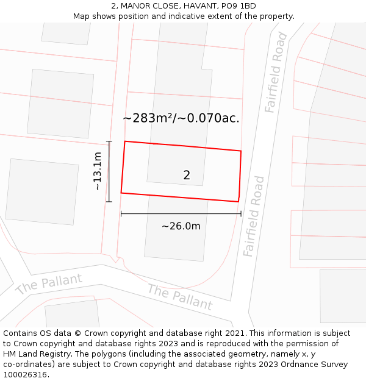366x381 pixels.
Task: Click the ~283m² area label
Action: [x=181, y=118]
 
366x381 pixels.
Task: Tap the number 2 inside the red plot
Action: [x=187, y=176]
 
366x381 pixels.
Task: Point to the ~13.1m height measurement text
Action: [x=98, y=171]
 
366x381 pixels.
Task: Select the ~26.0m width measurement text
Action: [x=181, y=226]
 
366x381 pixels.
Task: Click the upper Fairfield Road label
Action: [x=276, y=73]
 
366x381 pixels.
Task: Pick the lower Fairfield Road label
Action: [x=253, y=216]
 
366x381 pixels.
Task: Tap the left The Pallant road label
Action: [x=48, y=284]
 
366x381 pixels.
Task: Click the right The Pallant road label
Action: [x=179, y=297]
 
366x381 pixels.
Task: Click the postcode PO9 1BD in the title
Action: [x=239, y=6]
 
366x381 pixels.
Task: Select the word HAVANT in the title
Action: [x=197, y=6]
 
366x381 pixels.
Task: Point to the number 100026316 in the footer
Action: [x=26, y=375]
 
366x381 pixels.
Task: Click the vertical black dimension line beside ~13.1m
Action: [x=109, y=171]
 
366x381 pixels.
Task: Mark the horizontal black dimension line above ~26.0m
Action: [x=181, y=213]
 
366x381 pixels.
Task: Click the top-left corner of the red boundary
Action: [x=125, y=142]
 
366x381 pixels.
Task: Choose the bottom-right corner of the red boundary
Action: [x=238, y=201]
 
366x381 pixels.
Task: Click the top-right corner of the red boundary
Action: [x=241, y=151]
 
